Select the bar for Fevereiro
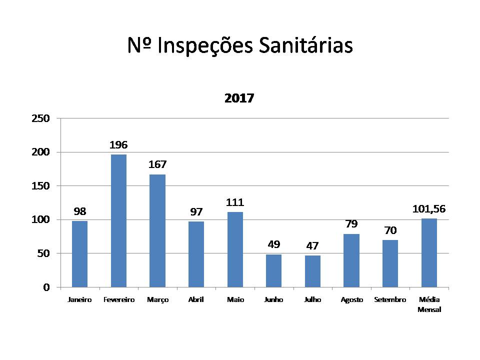click(x=118, y=220)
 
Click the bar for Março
click(x=157, y=230)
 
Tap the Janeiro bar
click(x=79, y=254)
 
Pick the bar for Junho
click(x=273, y=270)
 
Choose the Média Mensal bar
click(x=429, y=252)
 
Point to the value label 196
click(x=118, y=145)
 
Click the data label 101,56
click(x=429, y=208)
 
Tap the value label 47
click(x=312, y=246)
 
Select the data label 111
click(x=235, y=202)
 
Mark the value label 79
click(x=351, y=224)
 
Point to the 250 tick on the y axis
click(x=40, y=118)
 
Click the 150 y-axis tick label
click(x=40, y=186)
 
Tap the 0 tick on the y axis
click(x=46, y=287)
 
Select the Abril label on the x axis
click(x=196, y=300)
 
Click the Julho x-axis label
click(x=312, y=300)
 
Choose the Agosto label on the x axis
click(x=351, y=300)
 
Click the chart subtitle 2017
click(x=239, y=98)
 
